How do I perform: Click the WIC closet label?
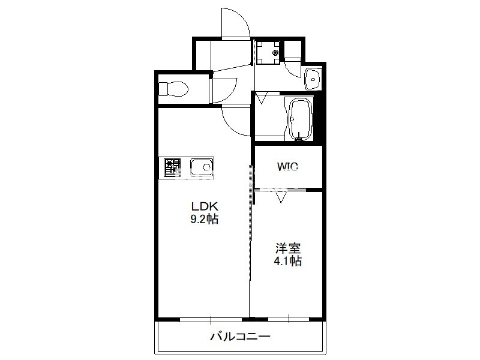pyautogui.click(x=287, y=167)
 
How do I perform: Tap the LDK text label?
pyautogui.click(x=205, y=206)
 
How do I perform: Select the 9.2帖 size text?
pyautogui.click(x=205, y=219)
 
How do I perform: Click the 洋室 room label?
pyautogui.click(x=288, y=248)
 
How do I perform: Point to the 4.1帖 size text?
pyautogui.click(x=288, y=261)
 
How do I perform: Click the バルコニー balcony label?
pyautogui.click(x=241, y=337)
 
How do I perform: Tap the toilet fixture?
pyautogui.click(x=173, y=89)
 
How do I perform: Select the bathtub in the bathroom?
pyautogui.click(x=300, y=119)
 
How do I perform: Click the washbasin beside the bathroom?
pyautogui.click(x=313, y=79)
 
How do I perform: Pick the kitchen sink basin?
pyautogui.click(x=202, y=167)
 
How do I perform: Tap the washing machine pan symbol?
pyautogui.click(x=268, y=52)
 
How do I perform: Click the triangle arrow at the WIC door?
pyautogui.click(x=281, y=197)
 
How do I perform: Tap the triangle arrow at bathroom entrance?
pyautogui.click(x=262, y=98)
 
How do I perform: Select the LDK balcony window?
pyautogui.click(x=211, y=320)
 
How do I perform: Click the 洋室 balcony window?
pyautogui.click(x=289, y=319)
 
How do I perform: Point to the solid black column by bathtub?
pyautogui.click(x=319, y=116)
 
